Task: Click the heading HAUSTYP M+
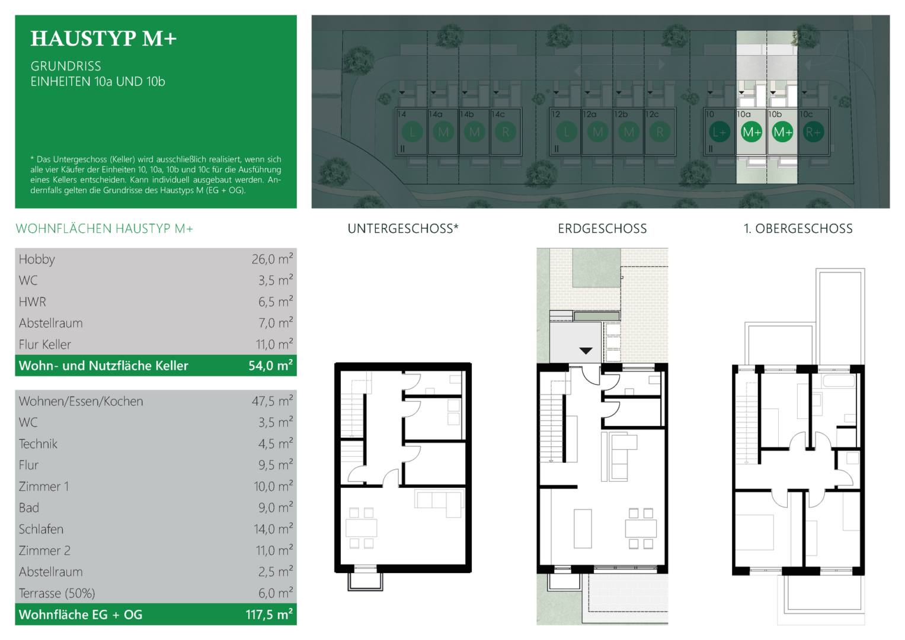pyautogui.click(x=104, y=39)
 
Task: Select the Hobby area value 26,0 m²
pyautogui.click(x=272, y=258)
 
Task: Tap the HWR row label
pyautogui.click(x=33, y=302)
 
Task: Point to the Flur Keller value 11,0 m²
pyautogui.click(x=274, y=344)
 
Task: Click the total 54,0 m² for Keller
pyautogui.click(x=271, y=365)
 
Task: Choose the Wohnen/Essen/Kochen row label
pyautogui.click(x=81, y=401)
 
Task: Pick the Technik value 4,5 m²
pyautogui.click(x=276, y=444)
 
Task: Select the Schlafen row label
pyautogui.click(x=41, y=529)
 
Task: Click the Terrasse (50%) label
pyautogui.click(x=57, y=593)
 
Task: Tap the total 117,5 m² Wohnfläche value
pyautogui.click(x=269, y=615)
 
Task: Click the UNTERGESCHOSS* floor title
pyautogui.click(x=403, y=229)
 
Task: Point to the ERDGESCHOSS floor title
pyautogui.click(x=602, y=229)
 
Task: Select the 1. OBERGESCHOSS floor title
pyautogui.click(x=798, y=229)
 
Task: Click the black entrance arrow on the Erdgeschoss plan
pyautogui.click(x=586, y=351)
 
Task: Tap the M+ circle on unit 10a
pyautogui.click(x=751, y=132)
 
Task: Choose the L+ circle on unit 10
pyautogui.click(x=719, y=132)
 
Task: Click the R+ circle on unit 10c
pyautogui.click(x=813, y=132)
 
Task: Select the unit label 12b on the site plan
pyautogui.click(x=621, y=114)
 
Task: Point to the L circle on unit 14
pyautogui.click(x=412, y=132)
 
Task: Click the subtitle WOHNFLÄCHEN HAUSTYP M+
pyautogui.click(x=104, y=229)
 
